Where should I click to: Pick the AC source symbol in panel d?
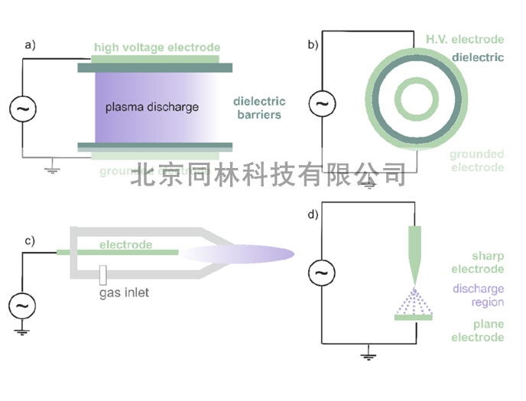pyautogui.click(x=321, y=272)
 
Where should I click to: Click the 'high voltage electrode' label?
pyautogui.click(x=157, y=47)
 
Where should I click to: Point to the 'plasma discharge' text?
pyautogui.click(x=151, y=107)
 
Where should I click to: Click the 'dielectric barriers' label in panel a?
pyautogui.click(x=260, y=108)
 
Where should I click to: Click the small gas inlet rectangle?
pyautogui.click(x=102, y=273)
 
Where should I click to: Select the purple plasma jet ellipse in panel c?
pyautogui.click(x=237, y=254)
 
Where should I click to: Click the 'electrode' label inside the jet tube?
pyautogui.click(x=125, y=245)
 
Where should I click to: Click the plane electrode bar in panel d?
pyautogui.click(x=414, y=318)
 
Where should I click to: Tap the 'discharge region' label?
pyautogui.click(x=478, y=296)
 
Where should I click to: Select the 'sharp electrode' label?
pyautogui.click(x=478, y=262)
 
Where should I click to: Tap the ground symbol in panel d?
pyautogui.click(x=368, y=354)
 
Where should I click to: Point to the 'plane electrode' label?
pyautogui.click(x=478, y=331)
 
